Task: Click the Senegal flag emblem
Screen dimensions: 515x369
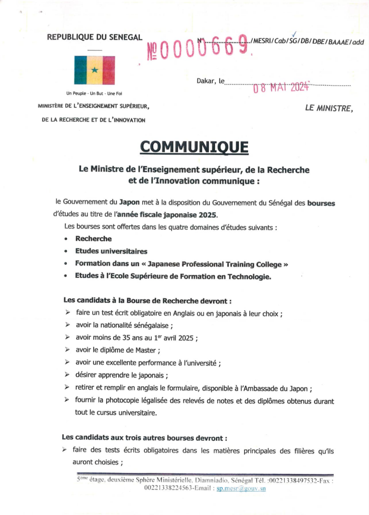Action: point(94,71)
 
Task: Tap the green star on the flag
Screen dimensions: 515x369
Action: point(95,71)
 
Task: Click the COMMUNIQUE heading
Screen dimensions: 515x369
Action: point(194,147)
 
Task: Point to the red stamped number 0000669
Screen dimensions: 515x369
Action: point(197,48)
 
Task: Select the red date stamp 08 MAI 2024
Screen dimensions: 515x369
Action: point(281,87)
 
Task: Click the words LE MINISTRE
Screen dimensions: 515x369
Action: point(329,108)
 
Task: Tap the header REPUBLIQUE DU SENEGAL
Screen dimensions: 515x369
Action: point(94,37)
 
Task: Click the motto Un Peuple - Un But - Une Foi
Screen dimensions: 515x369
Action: point(94,93)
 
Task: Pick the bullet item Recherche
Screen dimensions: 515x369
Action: point(93,239)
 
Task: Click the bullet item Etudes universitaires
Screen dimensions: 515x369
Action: point(111,251)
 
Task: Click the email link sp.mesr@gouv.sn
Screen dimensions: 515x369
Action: point(241,488)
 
